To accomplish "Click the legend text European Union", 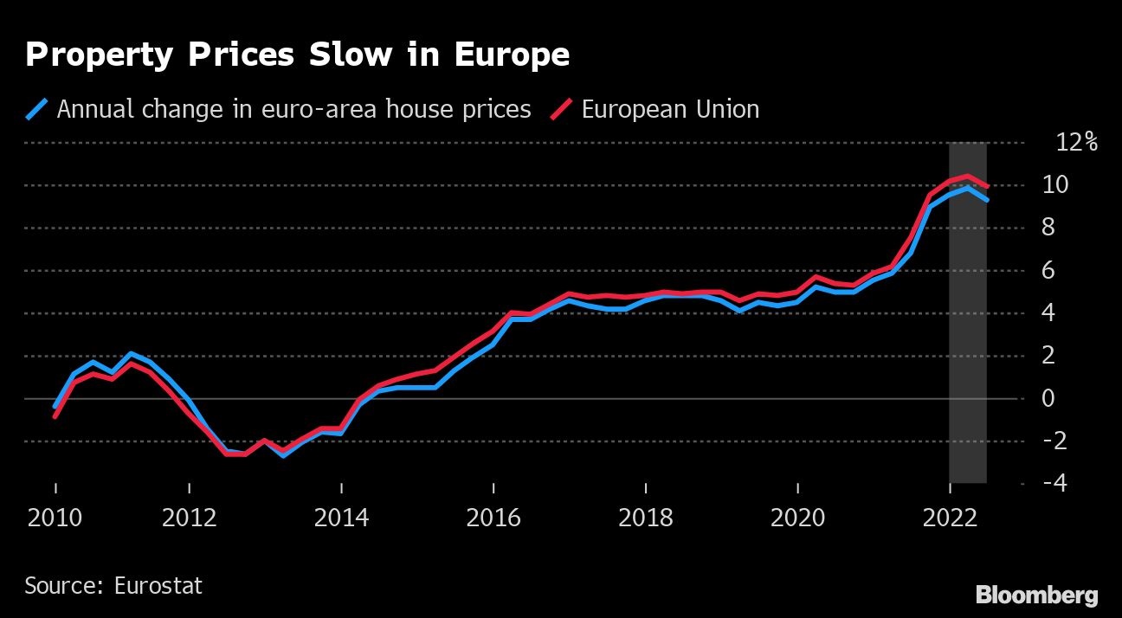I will click(x=670, y=110).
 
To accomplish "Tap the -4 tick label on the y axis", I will click(x=1054, y=483).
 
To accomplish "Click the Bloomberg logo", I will click(x=1037, y=595).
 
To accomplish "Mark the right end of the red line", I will click(x=987, y=186).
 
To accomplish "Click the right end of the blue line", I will click(x=987, y=200).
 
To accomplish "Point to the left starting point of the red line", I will click(x=55, y=416).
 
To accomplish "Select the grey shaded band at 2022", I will click(x=968, y=346).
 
